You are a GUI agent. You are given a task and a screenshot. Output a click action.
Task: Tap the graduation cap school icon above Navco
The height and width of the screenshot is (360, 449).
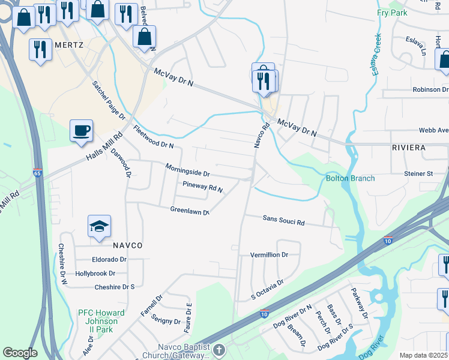pos(99,226)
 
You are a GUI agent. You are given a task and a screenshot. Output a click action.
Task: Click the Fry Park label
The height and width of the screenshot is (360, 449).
pos(392,13)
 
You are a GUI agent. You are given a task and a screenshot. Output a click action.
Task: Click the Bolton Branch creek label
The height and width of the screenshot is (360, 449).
pos(350,178)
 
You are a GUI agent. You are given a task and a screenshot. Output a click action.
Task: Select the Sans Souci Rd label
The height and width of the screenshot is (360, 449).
pos(283,221)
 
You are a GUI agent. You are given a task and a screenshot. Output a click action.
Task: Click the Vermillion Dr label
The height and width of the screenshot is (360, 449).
pos(269,254)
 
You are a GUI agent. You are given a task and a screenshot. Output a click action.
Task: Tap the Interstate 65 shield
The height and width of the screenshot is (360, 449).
pos(38,173)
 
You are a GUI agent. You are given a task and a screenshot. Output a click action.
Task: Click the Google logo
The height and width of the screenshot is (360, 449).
pos(20,353)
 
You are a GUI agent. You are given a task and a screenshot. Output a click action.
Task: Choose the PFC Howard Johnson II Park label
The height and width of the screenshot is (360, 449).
pos(101,317)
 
